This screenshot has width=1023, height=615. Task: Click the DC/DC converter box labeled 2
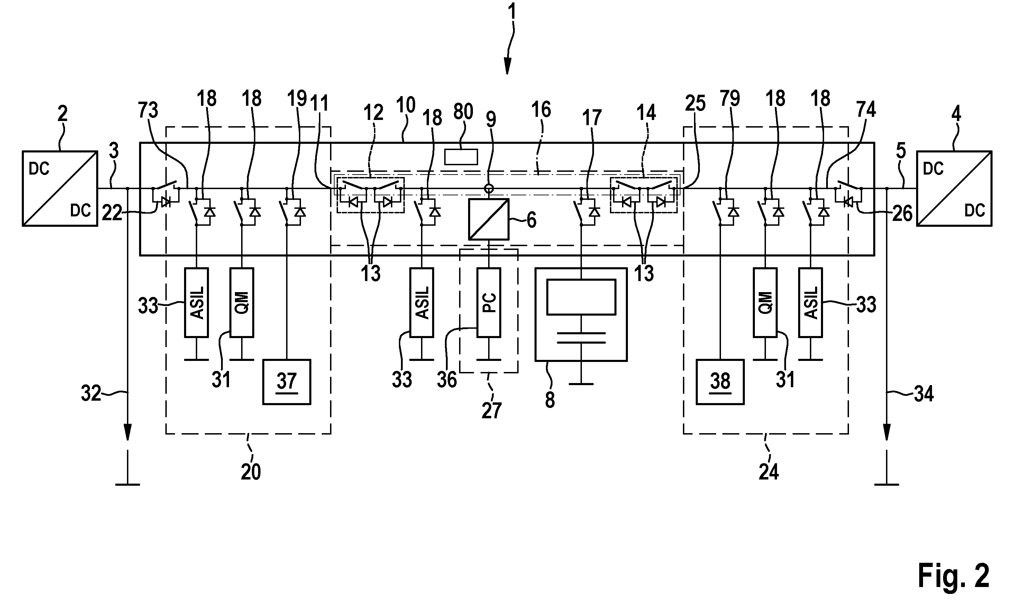(60, 188)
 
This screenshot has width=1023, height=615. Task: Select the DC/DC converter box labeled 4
(954, 188)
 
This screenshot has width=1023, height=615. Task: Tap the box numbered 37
(286, 382)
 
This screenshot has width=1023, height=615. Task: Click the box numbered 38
(720, 382)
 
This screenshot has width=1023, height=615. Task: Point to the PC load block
(489, 302)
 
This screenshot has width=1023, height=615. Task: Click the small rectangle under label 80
(461, 157)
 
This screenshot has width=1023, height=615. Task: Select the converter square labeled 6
(489, 219)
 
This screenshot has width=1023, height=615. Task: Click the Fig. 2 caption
(953, 576)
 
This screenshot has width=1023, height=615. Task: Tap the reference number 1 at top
(512, 12)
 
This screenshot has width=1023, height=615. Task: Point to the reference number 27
(491, 411)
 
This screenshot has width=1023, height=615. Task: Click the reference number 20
(251, 472)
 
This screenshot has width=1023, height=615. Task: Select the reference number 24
(769, 472)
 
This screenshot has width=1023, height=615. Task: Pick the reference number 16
(541, 110)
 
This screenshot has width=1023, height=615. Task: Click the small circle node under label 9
(489, 189)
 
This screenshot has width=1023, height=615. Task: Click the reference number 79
(730, 99)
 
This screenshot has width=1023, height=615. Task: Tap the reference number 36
(447, 380)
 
